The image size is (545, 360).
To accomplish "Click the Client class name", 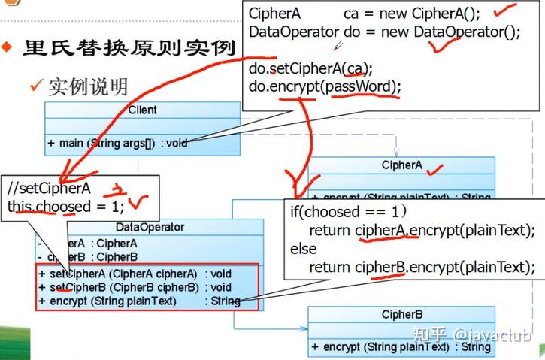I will click(142, 110).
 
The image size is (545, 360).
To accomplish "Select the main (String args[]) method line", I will click(117, 143).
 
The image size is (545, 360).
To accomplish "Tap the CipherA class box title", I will click(401, 165).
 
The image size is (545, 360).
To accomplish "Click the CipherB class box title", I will click(401, 314).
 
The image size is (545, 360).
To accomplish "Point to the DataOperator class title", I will click(150, 227).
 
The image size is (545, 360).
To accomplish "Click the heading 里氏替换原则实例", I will click(129, 48).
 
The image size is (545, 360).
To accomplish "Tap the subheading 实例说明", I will click(87, 86).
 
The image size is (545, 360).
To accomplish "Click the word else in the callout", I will click(304, 248).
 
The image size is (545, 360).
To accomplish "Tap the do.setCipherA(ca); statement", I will click(308, 69).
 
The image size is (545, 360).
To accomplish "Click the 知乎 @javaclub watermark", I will click(474, 335).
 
